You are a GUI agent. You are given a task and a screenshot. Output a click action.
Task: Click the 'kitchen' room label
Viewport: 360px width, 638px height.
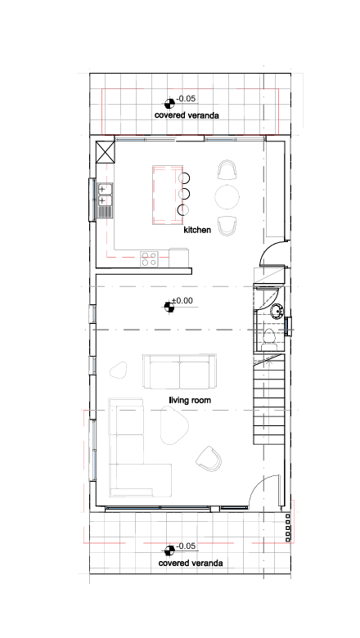coord(197,230)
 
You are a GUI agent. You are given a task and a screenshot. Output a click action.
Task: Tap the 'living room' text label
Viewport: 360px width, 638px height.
coord(190,400)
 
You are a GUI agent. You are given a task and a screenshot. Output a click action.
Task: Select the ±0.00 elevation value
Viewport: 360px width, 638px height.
coord(182,301)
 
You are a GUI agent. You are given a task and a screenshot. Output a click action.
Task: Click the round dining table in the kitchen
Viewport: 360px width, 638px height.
coord(227,197)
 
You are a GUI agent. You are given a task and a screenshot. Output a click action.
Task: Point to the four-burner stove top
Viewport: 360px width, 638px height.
coord(149,259)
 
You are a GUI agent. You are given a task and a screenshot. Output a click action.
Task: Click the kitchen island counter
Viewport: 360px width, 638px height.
coord(168,195)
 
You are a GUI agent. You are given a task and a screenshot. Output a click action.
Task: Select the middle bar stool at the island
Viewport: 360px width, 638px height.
coord(184,193)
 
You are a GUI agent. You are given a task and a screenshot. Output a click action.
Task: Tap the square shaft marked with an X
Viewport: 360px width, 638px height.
coord(106,152)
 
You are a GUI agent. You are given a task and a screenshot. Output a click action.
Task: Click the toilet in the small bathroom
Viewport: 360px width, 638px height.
coord(269,339)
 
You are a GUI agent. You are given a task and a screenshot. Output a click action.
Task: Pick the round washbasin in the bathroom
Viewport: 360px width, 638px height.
coord(277,311)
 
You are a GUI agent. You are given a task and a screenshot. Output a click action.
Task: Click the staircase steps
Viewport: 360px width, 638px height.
coord(269,399)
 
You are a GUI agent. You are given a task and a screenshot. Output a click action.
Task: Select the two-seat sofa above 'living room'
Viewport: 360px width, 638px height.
coord(179,371)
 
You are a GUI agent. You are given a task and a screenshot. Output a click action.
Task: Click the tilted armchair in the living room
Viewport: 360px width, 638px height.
coord(209,459)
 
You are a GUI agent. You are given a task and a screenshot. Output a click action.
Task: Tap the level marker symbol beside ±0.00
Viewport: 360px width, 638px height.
coord(169,307)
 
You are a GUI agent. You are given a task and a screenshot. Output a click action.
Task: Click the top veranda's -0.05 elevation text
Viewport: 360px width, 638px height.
coord(186,98)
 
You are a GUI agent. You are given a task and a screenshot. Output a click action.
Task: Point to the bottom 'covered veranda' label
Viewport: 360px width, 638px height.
coord(191,563)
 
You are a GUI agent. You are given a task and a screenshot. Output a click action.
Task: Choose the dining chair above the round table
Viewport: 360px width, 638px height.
coord(227,170)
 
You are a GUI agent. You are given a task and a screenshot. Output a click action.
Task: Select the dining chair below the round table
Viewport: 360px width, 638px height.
coord(227,226)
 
